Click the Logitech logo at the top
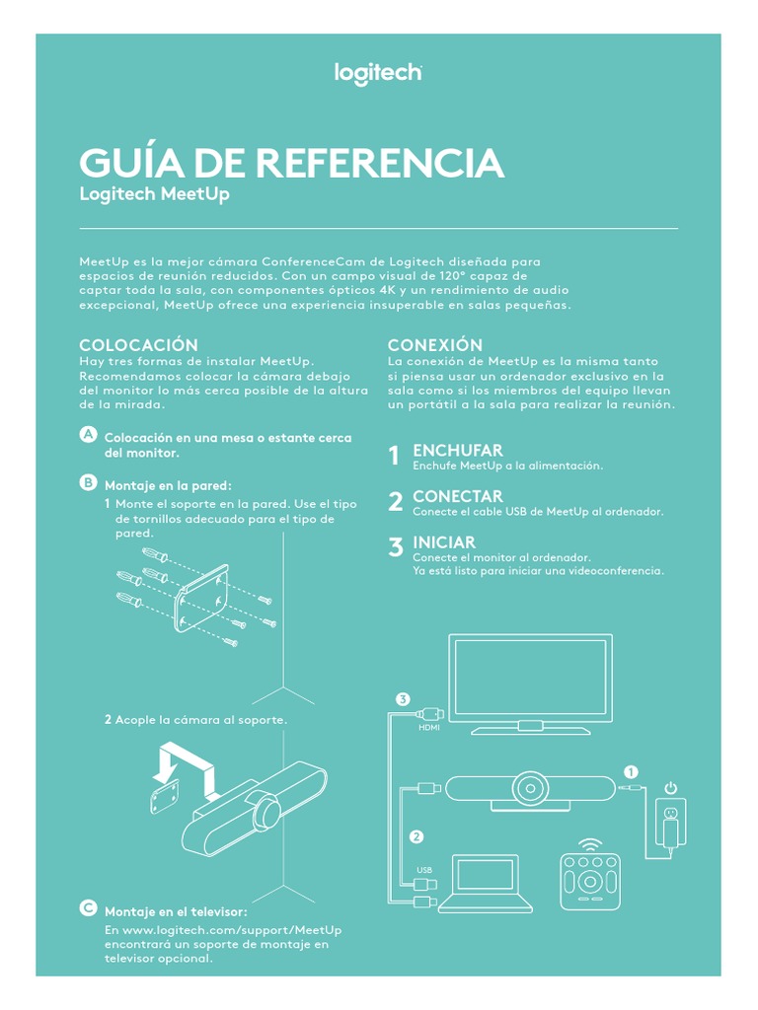pyautogui.click(x=378, y=74)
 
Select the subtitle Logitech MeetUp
pyautogui.click(x=154, y=194)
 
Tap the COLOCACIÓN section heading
pyautogui.click(x=138, y=344)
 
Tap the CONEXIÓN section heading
pyautogui.click(x=435, y=344)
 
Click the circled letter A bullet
pyautogui.click(x=88, y=434)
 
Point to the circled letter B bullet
pyautogui.click(x=88, y=481)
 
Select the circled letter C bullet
pyautogui.click(x=88, y=908)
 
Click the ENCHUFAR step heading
pyautogui.click(x=458, y=450)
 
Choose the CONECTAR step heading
pyautogui.click(x=458, y=497)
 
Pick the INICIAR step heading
pyautogui.click(x=444, y=542)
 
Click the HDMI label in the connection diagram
pyautogui.click(x=429, y=728)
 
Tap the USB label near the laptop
pyautogui.click(x=424, y=870)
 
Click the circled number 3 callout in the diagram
pyautogui.click(x=403, y=699)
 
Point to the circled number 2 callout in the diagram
pyautogui.click(x=417, y=836)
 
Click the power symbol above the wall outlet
pyautogui.click(x=671, y=788)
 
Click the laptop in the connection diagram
pyautogui.click(x=486, y=884)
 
